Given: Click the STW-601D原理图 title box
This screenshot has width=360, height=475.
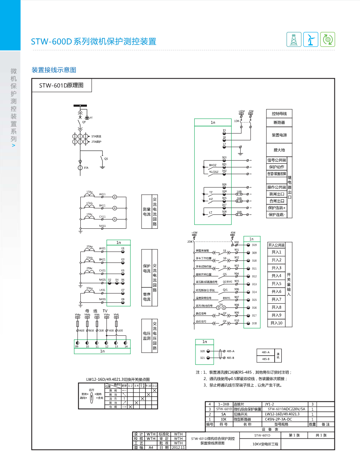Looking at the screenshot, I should (x=61, y=85).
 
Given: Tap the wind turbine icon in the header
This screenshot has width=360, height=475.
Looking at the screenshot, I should (x=311, y=40).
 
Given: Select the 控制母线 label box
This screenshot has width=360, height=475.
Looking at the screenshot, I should (x=279, y=114).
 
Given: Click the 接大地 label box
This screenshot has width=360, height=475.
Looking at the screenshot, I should (x=279, y=150).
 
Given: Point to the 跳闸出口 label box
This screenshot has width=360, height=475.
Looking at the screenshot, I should (x=277, y=194).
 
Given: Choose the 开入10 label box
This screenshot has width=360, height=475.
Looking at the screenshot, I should (x=277, y=323).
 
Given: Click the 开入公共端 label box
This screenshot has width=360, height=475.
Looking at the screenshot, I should (x=277, y=245).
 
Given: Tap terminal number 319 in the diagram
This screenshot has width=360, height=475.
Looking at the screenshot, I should (x=254, y=245).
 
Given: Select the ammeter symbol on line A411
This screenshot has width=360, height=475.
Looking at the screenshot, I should (x=115, y=197).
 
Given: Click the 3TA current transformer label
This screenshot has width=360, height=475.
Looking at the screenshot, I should (x=86, y=168).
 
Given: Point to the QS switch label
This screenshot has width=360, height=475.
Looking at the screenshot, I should (x=106, y=159).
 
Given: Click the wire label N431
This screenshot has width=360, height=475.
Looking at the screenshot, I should (x=102, y=299).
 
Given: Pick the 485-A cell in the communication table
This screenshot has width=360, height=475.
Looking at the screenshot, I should (x=266, y=352).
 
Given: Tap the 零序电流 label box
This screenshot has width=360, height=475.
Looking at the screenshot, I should (x=147, y=297).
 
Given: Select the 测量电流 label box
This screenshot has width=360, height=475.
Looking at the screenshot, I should (x=147, y=211).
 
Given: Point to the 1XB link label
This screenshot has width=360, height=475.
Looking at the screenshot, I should (x=239, y=192).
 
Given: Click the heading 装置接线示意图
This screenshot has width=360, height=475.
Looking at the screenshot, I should (x=54, y=70).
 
